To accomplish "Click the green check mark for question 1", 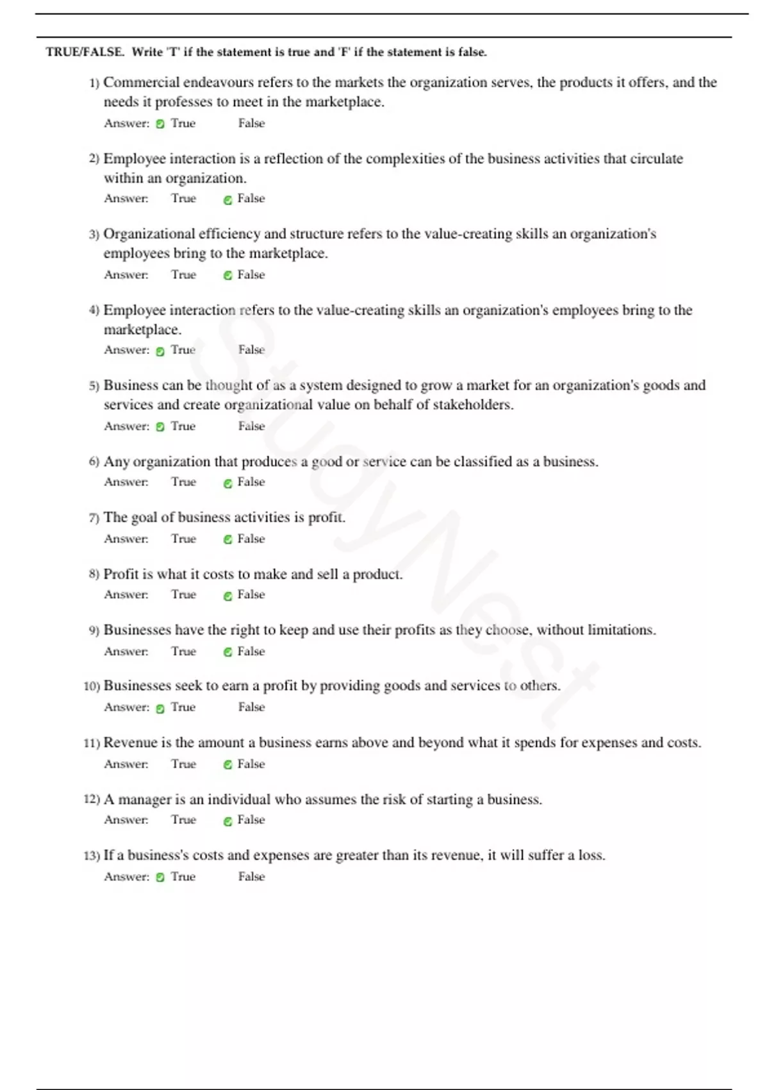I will click(160, 124).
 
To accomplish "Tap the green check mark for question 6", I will click(227, 483).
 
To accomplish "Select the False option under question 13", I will click(251, 876).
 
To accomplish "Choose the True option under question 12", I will click(183, 819).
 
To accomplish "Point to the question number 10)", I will click(92, 686).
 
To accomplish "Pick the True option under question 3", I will click(183, 274).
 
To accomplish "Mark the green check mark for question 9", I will click(227, 652).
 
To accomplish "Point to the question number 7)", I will click(94, 517).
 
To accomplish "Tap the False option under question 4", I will click(251, 349).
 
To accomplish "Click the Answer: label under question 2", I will click(126, 198).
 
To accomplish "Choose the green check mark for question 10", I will click(160, 709).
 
